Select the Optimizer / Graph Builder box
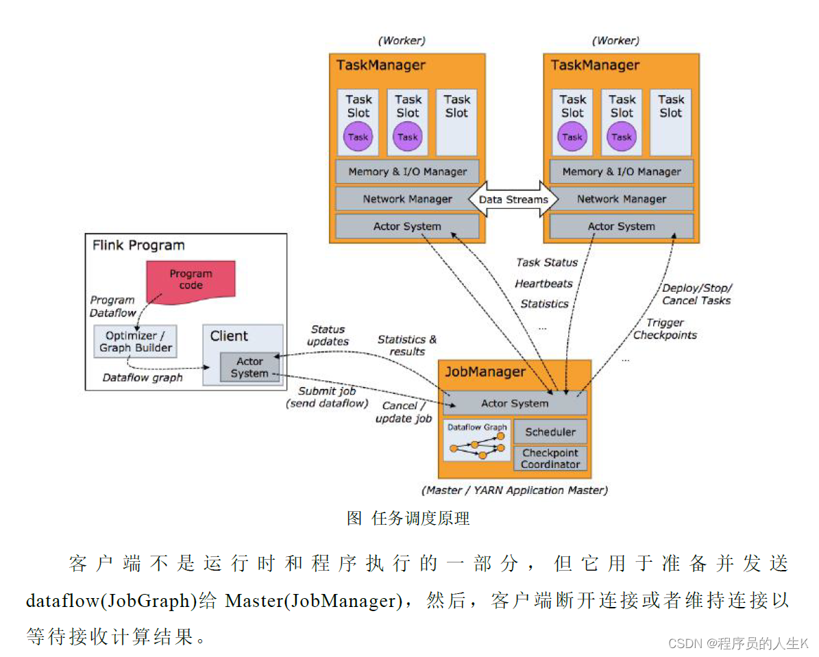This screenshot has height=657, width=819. point(135,341)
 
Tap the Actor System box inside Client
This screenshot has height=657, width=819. point(249,367)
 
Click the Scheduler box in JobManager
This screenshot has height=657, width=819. point(550,432)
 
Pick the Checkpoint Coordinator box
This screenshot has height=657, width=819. point(550,458)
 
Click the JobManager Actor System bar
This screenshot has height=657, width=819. point(515,404)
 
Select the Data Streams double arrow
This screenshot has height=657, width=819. point(513,199)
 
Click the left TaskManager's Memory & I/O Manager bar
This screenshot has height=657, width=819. point(407,172)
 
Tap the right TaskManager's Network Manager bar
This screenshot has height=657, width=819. point(621,199)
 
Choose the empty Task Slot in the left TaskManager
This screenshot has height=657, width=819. point(456,121)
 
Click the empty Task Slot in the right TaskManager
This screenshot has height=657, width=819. point(671,121)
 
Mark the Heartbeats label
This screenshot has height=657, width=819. point(543,283)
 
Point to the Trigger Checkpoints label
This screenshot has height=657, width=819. point(665,329)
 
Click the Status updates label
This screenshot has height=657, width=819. point(328,336)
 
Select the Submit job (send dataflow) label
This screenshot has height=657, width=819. point(327,397)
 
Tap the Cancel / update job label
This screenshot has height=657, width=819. point(403,412)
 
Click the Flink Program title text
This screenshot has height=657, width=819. point(138,245)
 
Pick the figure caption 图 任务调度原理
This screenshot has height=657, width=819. point(408,518)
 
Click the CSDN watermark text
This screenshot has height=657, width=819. point(737,643)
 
